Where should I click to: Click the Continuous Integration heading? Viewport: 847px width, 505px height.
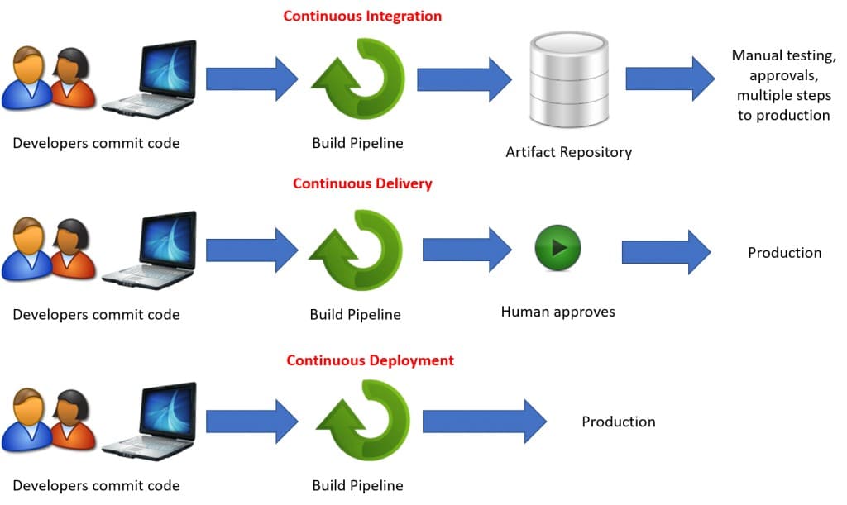coord(362,16)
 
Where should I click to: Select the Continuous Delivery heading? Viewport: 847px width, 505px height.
coord(362,183)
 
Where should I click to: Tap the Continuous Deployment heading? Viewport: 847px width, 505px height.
coord(370,360)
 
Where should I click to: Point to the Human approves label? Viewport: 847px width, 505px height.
coord(557,312)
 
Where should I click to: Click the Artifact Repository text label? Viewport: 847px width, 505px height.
coord(568,151)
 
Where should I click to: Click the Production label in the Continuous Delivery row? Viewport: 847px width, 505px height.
coord(784,253)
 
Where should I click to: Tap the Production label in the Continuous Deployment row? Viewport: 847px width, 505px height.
coord(618,422)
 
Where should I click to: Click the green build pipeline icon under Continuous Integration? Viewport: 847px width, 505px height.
coord(358,79)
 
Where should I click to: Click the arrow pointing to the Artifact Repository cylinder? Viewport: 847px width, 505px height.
coord(464,79)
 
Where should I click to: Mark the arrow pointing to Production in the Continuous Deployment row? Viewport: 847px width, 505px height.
coord(484,422)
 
